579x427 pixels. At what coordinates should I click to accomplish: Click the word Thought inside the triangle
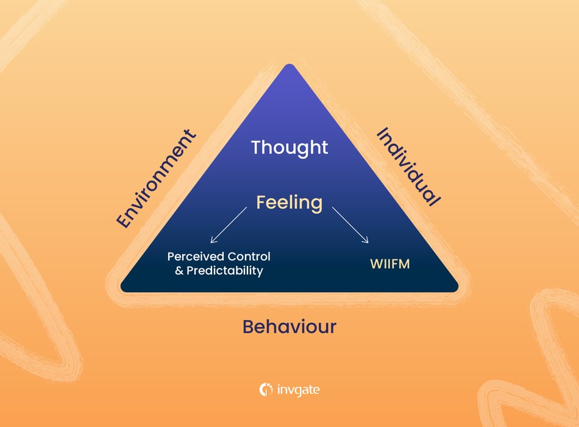[x=289, y=148]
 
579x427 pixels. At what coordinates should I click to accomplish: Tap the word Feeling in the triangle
[x=289, y=202]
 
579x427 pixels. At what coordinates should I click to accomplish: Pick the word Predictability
[x=226, y=271]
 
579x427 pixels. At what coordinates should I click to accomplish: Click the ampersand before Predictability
[x=179, y=270]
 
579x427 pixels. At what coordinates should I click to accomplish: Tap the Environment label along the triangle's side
[x=157, y=179]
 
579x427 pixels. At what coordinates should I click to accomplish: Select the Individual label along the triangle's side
[x=408, y=167]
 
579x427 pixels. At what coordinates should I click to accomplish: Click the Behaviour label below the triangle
[x=289, y=326]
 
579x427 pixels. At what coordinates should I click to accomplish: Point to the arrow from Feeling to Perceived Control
[x=228, y=224]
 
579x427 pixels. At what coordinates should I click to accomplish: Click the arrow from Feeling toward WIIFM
[x=350, y=225]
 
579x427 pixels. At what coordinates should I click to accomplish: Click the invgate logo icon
[x=266, y=390]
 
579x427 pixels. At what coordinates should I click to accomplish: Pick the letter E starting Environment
[x=124, y=222]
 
